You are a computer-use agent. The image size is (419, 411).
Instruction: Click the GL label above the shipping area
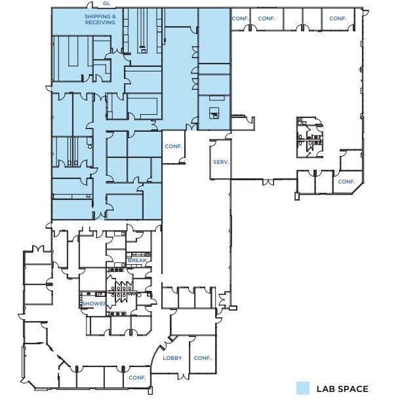(106, 3)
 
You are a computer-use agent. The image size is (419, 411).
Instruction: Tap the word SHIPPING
(98, 16)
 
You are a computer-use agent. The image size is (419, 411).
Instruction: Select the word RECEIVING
(100, 22)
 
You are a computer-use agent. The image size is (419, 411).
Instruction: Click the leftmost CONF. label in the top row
(240, 18)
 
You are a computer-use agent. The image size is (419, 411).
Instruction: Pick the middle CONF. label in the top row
(266, 18)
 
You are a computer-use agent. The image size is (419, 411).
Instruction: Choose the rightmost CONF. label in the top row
(338, 18)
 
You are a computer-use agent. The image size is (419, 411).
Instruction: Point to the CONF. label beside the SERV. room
(173, 146)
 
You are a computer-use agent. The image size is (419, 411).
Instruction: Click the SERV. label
(221, 162)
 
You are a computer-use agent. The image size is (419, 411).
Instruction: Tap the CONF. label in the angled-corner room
(347, 182)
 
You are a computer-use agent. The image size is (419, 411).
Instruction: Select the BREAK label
(137, 260)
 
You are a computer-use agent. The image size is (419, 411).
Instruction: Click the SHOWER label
(94, 303)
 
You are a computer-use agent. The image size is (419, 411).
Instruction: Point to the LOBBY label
(172, 358)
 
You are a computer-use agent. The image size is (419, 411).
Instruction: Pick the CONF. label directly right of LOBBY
(203, 358)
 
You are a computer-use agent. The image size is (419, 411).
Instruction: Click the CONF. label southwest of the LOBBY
(137, 378)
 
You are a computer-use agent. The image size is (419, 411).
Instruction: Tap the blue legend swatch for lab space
(303, 388)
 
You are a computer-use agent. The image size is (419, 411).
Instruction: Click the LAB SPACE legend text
(342, 389)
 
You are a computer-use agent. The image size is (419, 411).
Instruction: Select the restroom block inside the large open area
(310, 137)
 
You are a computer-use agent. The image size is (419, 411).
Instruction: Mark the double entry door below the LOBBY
(184, 376)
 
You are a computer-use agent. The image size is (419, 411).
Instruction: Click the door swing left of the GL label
(90, 5)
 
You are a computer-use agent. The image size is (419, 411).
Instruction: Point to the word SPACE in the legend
(353, 389)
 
